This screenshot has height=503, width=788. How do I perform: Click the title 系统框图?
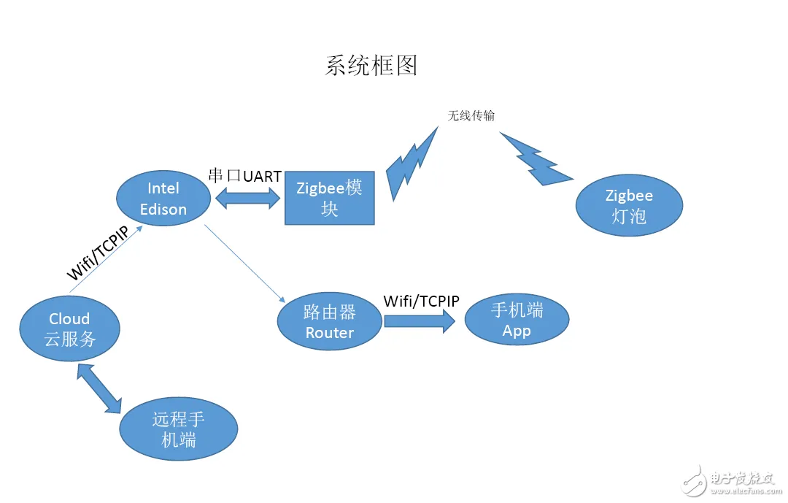(x=371, y=66)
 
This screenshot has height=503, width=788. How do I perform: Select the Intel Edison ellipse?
(x=163, y=199)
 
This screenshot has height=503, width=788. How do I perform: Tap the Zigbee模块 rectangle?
(x=329, y=199)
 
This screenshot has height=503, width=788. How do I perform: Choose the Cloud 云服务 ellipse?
(x=70, y=329)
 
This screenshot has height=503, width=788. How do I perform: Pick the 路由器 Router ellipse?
(x=330, y=322)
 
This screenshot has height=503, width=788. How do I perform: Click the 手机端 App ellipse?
(x=517, y=320)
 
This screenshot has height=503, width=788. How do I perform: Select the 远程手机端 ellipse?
(x=179, y=429)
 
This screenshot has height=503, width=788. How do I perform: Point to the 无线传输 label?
(x=471, y=115)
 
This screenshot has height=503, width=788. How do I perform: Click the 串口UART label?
(x=244, y=176)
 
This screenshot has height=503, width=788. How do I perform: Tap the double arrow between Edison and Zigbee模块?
(x=248, y=198)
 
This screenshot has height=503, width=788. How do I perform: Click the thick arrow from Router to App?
(x=414, y=321)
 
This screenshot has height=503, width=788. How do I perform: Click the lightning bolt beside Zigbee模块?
(x=412, y=164)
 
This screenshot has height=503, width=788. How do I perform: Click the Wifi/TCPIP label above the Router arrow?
(x=422, y=301)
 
